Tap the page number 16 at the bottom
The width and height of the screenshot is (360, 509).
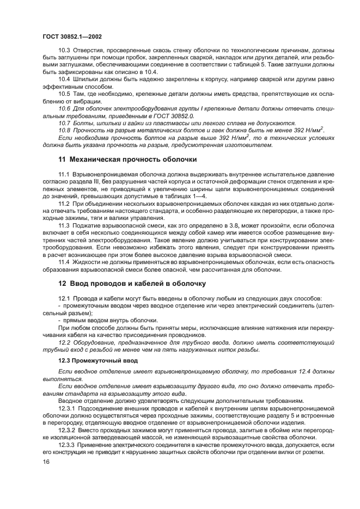coord(46,462)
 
